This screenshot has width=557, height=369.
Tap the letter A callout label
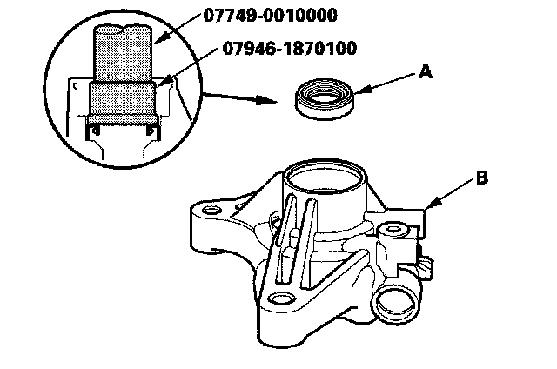(x=426, y=74)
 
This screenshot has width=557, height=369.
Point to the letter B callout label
(x=481, y=179)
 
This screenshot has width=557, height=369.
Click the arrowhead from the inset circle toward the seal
(x=284, y=101)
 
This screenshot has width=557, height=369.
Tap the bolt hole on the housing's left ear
(x=211, y=211)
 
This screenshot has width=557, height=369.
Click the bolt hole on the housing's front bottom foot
(x=279, y=299)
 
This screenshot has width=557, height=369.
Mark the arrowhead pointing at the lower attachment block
(x=160, y=84)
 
